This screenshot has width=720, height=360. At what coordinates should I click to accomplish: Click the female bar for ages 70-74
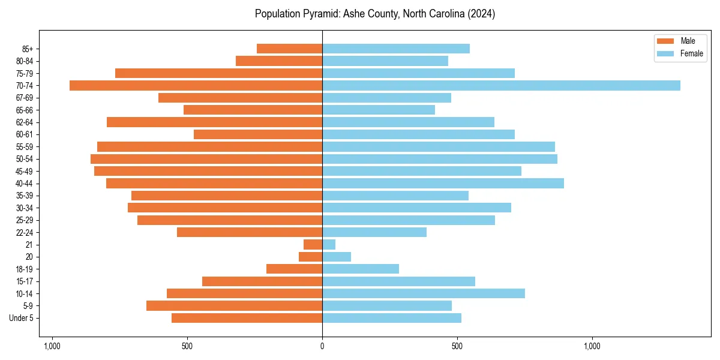click(501, 85)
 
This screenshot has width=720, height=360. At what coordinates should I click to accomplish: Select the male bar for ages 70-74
click(196, 85)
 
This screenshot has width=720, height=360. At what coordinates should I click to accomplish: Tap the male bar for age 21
click(313, 245)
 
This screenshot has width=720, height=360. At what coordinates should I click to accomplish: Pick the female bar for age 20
click(337, 257)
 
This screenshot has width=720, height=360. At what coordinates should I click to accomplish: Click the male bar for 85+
click(290, 49)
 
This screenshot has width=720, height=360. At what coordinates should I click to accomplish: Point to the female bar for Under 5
click(392, 318)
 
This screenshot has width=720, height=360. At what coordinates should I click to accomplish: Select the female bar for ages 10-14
click(424, 293)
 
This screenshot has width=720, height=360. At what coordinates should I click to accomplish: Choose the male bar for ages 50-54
click(206, 159)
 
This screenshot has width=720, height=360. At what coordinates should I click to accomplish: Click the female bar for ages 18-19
click(361, 269)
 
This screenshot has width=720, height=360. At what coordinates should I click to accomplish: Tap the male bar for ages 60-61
click(258, 134)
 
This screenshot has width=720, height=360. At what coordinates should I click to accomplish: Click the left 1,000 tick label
click(52, 346)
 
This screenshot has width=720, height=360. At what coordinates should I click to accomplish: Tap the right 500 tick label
click(457, 346)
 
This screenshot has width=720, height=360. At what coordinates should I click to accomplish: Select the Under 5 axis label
click(26, 318)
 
